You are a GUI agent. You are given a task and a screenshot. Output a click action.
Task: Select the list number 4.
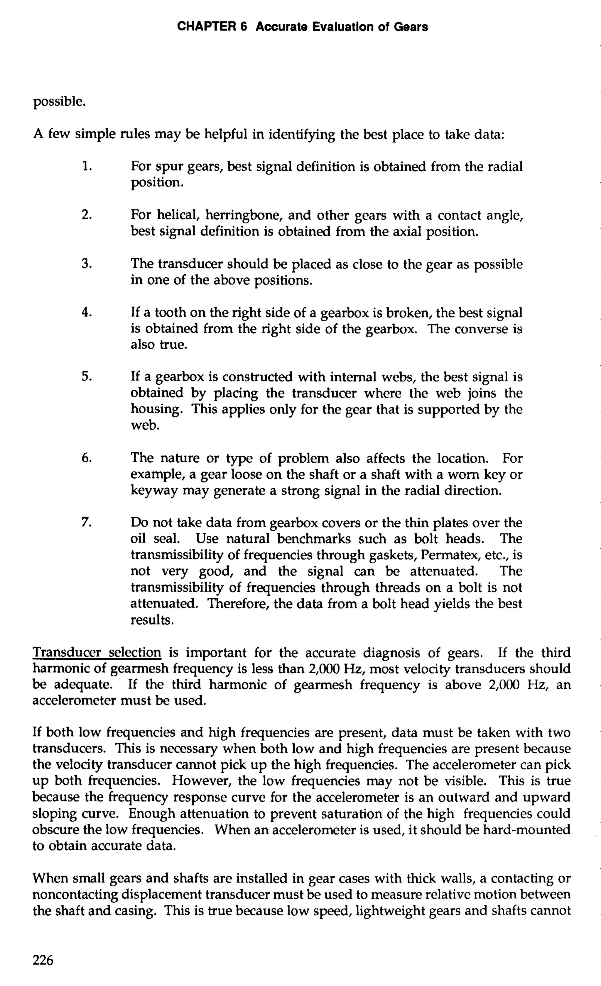click(87, 312)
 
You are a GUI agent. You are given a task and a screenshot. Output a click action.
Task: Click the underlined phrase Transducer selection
click(97, 653)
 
